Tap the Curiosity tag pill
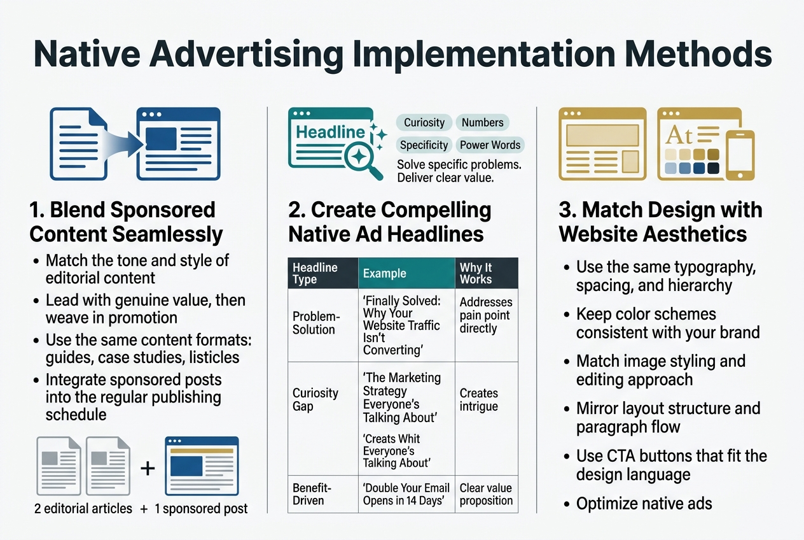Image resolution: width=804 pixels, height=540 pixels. pyautogui.click(x=424, y=123)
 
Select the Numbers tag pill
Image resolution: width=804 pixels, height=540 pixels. pyautogui.click(x=482, y=123)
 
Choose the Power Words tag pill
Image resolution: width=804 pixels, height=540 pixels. pyautogui.click(x=490, y=145)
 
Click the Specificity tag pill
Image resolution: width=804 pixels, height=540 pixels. pyautogui.click(x=424, y=145)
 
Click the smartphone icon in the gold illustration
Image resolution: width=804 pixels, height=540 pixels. pyautogui.click(x=740, y=155)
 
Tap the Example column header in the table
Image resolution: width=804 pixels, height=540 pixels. pyautogui.click(x=384, y=274)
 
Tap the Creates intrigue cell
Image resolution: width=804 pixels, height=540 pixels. pyautogui.click(x=479, y=399)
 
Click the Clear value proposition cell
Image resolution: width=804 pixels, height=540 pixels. pyautogui.click(x=486, y=494)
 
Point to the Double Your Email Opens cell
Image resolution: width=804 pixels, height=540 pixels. pyautogui.click(x=406, y=494)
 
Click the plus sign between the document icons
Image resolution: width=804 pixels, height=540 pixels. pyautogui.click(x=148, y=468)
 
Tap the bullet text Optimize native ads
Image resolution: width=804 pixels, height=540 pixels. pyautogui.click(x=644, y=504)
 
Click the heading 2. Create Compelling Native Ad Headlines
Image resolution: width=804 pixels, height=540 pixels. pyautogui.click(x=390, y=222)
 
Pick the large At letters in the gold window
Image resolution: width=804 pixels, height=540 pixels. pyautogui.click(x=679, y=136)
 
